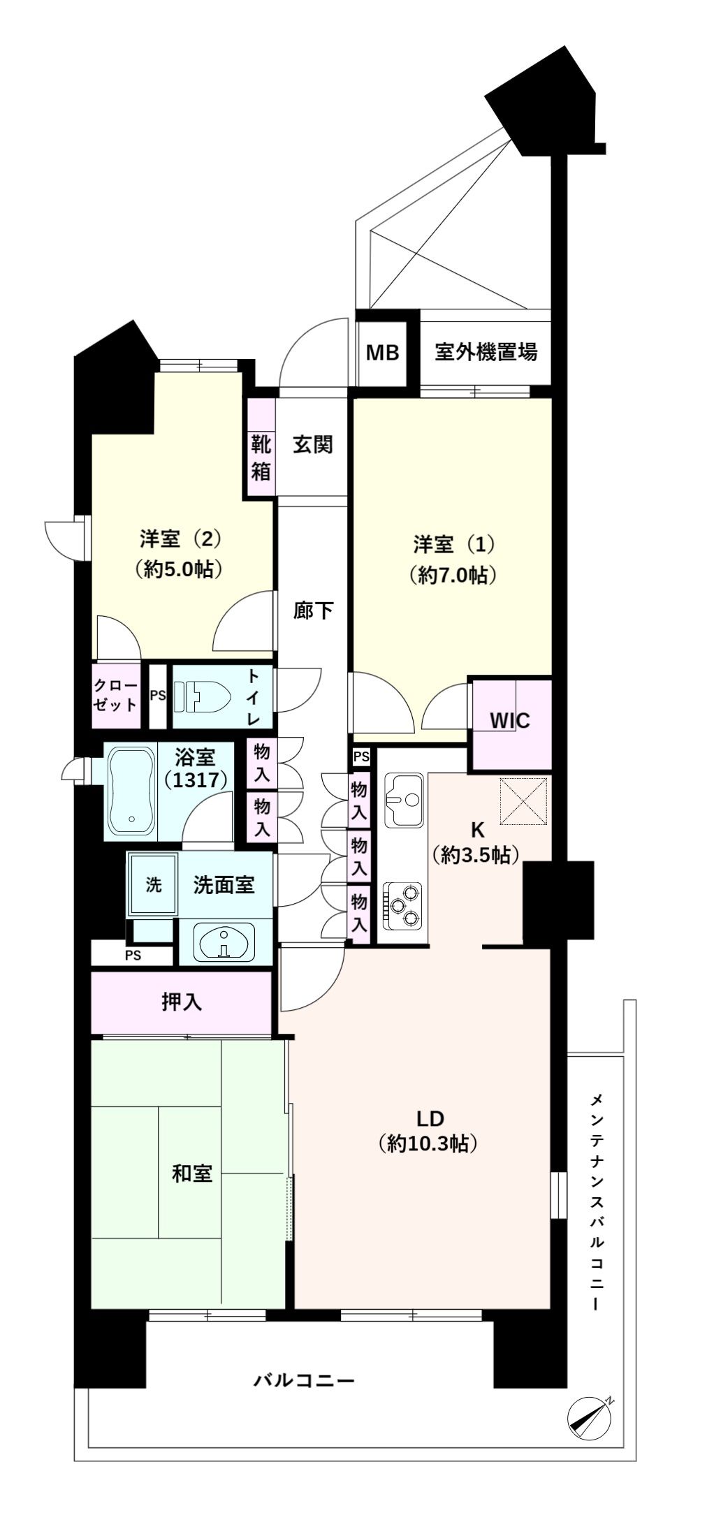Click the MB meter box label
tap(382, 353)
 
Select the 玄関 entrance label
tap(312, 445)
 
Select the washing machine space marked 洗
tap(153, 884)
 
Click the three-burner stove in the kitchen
tap(402, 906)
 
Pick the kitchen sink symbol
tap(403, 799)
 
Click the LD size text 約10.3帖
tap(428, 1143)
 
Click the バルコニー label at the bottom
tap(304, 1382)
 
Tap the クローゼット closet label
tap(116, 695)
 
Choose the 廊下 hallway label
tap(312, 611)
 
